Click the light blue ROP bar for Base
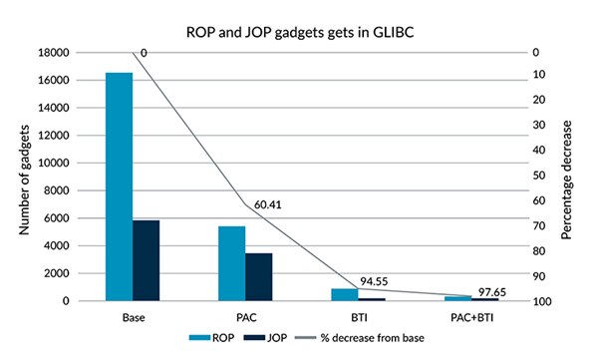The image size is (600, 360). tap(120, 186)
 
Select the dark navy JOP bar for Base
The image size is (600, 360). tap(147, 260)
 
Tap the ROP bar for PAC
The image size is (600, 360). tap(232, 263)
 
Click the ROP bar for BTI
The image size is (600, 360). tap(344, 294)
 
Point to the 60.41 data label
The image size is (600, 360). tap(268, 203)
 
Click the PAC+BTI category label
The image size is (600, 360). tap(470, 317)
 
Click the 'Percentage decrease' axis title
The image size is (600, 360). tap(567, 177)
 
